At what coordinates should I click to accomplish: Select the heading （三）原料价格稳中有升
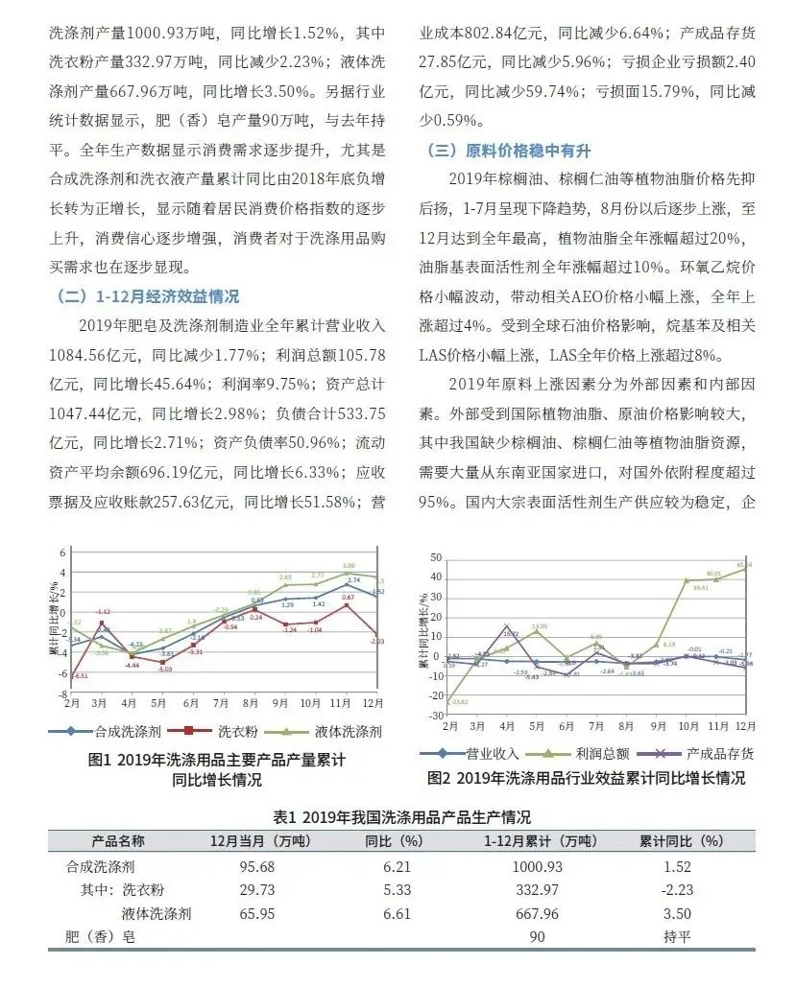pyautogui.click(x=515, y=151)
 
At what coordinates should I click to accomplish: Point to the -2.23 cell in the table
pyautogui.click(x=681, y=890)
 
